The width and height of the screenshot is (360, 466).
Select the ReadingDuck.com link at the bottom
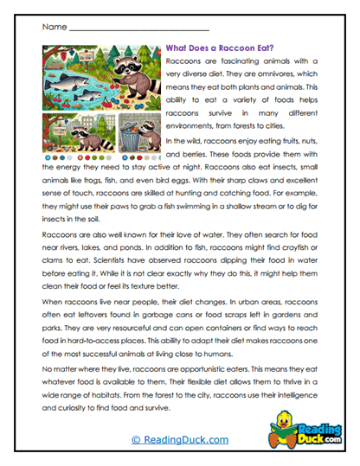[x=179, y=440]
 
